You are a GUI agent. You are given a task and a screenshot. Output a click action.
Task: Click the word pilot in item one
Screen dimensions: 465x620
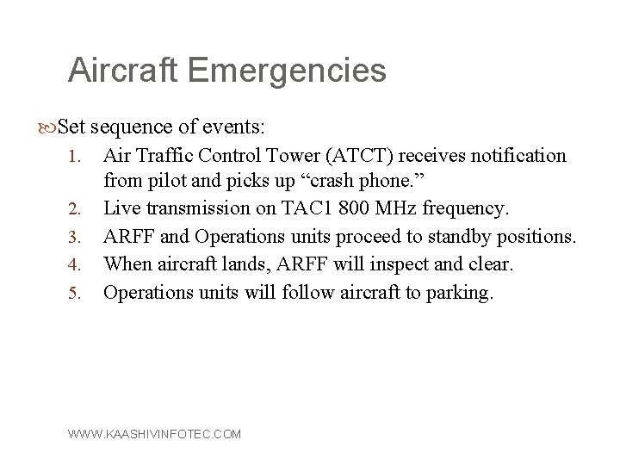164,182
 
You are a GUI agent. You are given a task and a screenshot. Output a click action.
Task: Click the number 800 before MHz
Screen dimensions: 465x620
350,209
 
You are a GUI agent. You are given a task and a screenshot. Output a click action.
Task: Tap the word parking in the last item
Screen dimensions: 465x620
462,293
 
